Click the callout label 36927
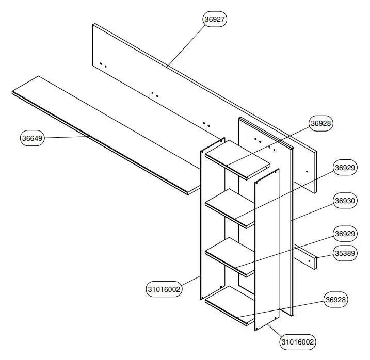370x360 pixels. click(x=215, y=19)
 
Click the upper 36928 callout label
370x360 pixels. click(x=321, y=123)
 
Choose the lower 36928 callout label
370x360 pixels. click(x=335, y=300)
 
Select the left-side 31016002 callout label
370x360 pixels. click(x=164, y=289)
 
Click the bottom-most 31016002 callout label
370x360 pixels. click(x=298, y=341)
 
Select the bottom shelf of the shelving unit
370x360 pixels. click(x=232, y=307)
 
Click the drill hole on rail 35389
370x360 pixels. click(x=309, y=261)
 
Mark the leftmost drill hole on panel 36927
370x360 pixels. click(x=101, y=64)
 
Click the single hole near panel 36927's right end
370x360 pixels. click(x=307, y=172)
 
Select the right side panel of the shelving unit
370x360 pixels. click(x=267, y=248)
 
